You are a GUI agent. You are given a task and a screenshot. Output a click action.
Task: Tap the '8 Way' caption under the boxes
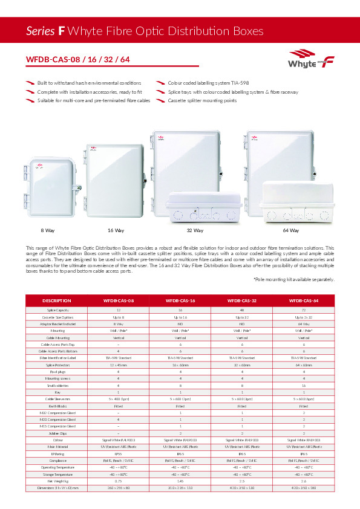tap(48, 230)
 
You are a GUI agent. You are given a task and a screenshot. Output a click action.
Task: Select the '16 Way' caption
tap(116, 230)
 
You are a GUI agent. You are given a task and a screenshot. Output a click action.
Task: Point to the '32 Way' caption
tap(195, 230)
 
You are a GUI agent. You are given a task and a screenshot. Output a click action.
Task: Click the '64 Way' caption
tap(290, 230)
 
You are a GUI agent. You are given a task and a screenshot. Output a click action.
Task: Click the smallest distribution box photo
tap(48, 186)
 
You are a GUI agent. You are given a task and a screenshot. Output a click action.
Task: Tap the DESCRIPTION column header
tap(57, 300)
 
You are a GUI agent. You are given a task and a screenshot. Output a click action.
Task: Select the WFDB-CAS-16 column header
tap(180, 300)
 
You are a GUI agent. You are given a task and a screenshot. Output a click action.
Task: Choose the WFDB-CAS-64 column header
tap(304, 300)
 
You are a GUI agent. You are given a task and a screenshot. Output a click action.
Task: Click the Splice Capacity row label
tap(57, 310)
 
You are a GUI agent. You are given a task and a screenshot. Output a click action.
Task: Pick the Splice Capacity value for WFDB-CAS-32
tap(242, 310)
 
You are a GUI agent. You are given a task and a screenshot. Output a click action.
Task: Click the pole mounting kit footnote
tap(294, 280)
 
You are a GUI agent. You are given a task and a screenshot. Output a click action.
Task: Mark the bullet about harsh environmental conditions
tap(89, 82)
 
